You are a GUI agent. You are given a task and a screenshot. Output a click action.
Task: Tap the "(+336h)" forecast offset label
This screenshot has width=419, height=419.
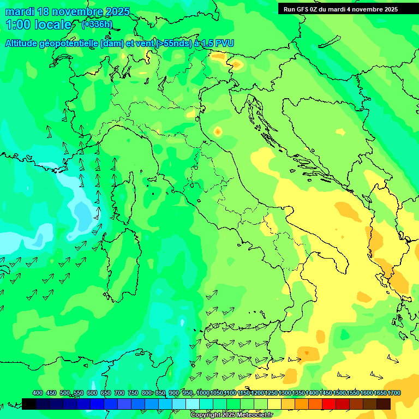click(x=98, y=25)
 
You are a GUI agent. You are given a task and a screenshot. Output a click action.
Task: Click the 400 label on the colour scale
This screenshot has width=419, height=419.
click(x=38, y=393)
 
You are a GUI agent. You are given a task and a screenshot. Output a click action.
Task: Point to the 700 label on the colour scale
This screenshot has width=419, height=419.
click(x=119, y=393)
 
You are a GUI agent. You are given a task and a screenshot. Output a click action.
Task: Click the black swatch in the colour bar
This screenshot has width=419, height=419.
click(x=29, y=404)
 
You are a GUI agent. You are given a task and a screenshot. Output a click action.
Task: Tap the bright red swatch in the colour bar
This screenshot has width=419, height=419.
click(x=329, y=404)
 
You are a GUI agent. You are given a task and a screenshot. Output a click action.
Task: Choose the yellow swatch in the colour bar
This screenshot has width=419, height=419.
click(x=274, y=404)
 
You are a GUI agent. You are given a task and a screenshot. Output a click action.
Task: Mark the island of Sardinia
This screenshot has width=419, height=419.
click(x=120, y=262)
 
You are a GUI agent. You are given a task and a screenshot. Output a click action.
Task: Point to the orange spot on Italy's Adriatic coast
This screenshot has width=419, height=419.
click(x=218, y=131)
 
